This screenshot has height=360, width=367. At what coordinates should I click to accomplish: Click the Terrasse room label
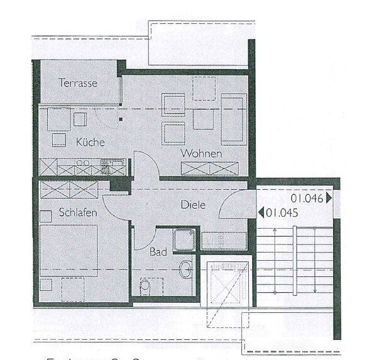click(x=78, y=82)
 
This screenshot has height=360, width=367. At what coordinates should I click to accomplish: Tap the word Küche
click(x=90, y=142)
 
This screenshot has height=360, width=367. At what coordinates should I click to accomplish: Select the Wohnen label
click(x=200, y=153)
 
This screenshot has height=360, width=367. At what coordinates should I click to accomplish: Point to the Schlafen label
click(x=77, y=213)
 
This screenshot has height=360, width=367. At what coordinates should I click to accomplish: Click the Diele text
click(x=193, y=205)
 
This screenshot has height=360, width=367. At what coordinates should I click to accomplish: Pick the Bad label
click(x=158, y=252)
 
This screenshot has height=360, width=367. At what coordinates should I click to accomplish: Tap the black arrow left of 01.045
click(x=261, y=212)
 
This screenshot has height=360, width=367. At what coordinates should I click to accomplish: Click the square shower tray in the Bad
click(x=186, y=239)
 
